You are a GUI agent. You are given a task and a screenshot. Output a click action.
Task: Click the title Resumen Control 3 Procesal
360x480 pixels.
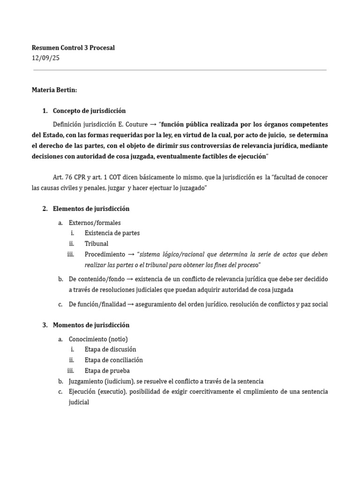pyautogui.click(x=73, y=48)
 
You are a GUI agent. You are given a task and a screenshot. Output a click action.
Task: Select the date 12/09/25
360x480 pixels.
pyautogui.click(x=45, y=58)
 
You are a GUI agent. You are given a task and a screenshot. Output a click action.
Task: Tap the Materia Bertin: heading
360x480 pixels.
pyautogui.click(x=51, y=90)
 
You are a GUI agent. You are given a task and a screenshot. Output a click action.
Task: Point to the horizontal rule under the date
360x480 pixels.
pyautogui.click(x=180, y=70)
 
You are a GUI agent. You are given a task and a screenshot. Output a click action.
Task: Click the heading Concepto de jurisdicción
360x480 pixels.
pyautogui.click(x=89, y=111)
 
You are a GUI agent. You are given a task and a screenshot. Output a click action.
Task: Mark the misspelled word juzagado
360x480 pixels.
pyautogui.click(x=191, y=188)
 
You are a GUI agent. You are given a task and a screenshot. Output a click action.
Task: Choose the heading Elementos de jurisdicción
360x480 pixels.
pyautogui.click(x=91, y=209)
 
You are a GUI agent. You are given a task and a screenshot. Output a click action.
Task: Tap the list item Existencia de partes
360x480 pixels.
pyautogui.click(x=112, y=233)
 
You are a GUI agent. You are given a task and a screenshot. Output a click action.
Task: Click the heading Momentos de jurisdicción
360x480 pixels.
pyautogui.click(x=91, y=325)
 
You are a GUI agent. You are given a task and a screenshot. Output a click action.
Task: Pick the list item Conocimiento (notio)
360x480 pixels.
pyautogui.click(x=98, y=339)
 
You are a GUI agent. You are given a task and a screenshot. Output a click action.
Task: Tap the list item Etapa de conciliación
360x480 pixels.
pyautogui.click(x=113, y=360)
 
